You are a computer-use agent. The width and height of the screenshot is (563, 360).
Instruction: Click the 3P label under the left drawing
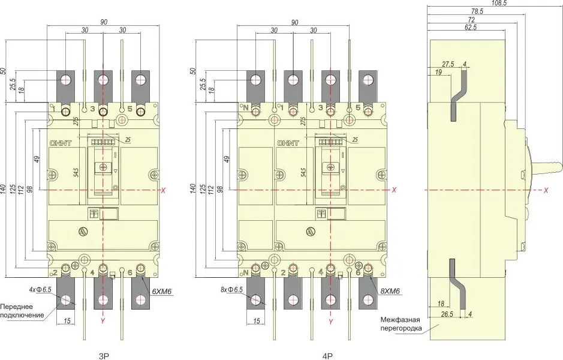point(103,355)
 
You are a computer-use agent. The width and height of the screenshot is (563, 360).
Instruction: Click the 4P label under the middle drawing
point(327,355)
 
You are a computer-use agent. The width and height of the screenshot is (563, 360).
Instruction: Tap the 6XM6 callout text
point(162,292)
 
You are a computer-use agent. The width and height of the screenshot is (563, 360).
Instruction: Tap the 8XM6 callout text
point(389,292)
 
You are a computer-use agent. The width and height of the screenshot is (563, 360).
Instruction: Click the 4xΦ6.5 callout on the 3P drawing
point(41,290)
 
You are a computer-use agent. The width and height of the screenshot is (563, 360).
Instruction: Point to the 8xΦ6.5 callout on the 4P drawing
point(231,290)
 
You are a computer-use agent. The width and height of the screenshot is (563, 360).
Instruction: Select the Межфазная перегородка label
point(402,325)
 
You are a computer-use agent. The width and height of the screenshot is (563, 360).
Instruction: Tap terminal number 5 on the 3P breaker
point(130,109)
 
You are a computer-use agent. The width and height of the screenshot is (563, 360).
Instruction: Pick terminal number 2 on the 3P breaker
point(55,273)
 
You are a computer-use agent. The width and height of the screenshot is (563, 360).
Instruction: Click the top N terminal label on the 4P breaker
point(245,108)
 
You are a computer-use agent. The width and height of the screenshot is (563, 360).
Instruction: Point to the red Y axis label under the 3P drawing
point(104,322)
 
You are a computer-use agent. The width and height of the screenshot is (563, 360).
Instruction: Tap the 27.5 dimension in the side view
point(447,64)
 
